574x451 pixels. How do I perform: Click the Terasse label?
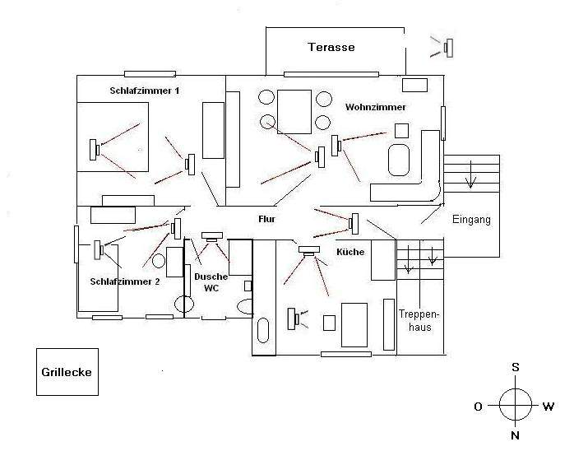(x=331, y=47)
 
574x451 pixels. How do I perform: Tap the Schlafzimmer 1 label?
(x=144, y=90)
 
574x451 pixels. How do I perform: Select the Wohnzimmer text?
(x=376, y=107)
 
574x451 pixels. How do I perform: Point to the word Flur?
(x=266, y=220)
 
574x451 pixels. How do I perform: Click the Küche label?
(x=350, y=252)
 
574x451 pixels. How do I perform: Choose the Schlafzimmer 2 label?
(x=125, y=281)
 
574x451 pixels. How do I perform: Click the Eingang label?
(x=471, y=220)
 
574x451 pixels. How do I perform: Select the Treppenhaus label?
(x=414, y=320)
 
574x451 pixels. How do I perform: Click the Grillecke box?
(x=67, y=372)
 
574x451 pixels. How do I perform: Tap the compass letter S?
(x=515, y=367)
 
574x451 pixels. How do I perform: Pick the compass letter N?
(x=515, y=435)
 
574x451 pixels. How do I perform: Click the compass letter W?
(x=548, y=406)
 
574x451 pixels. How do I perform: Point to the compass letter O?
(x=479, y=406)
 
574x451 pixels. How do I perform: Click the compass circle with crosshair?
(x=515, y=403)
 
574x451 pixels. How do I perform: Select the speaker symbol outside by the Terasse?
(x=446, y=48)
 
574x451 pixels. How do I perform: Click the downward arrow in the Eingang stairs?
(x=470, y=176)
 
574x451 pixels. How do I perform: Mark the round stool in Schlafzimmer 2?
(x=159, y=261)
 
